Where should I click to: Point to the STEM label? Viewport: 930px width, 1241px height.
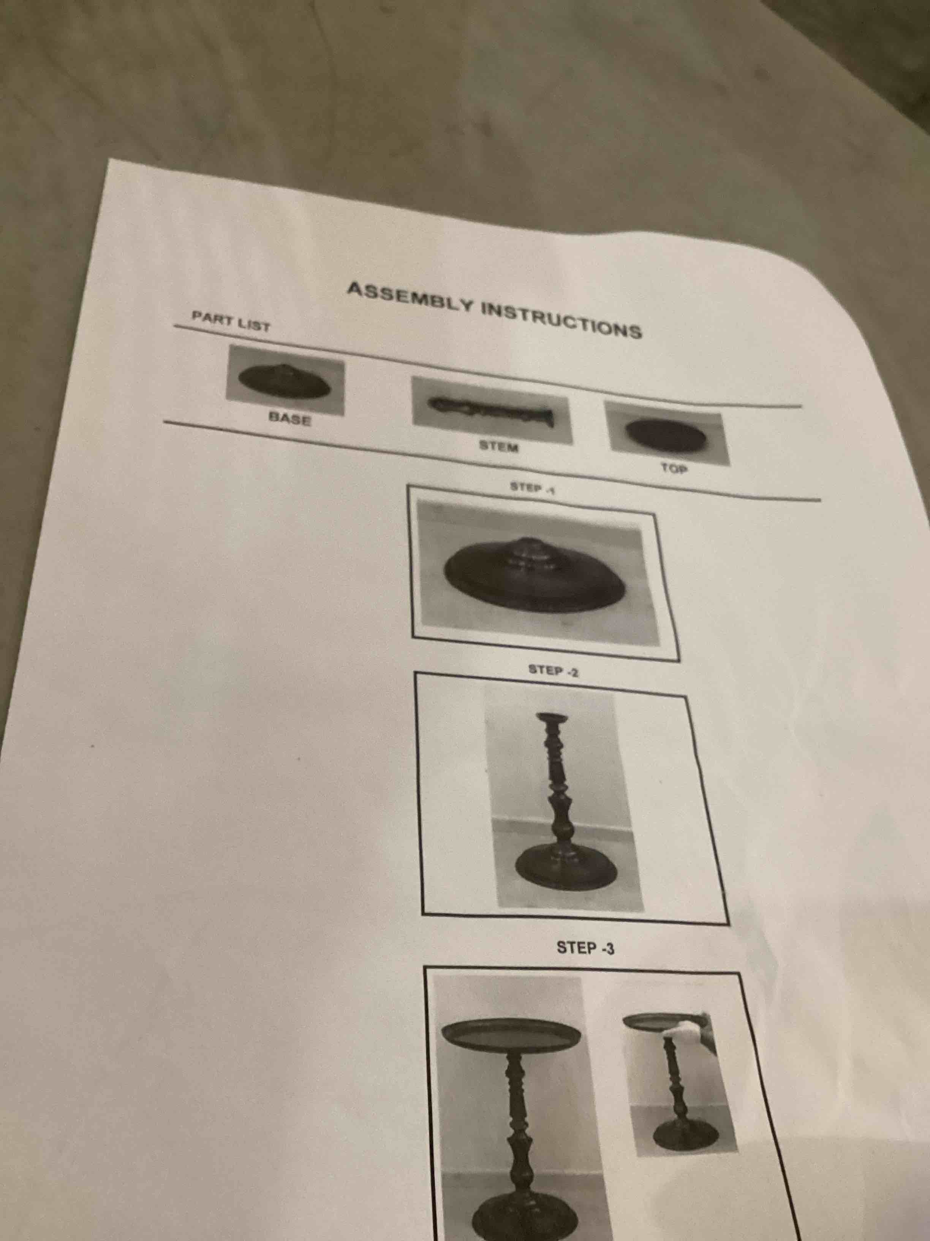pyautogui.click(x=498, y=447)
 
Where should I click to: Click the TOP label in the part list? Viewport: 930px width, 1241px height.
pyautogui.click(x=673, y=469)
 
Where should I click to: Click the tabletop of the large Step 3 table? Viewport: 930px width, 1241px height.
pyautogui.click(x=511, y=1032)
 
